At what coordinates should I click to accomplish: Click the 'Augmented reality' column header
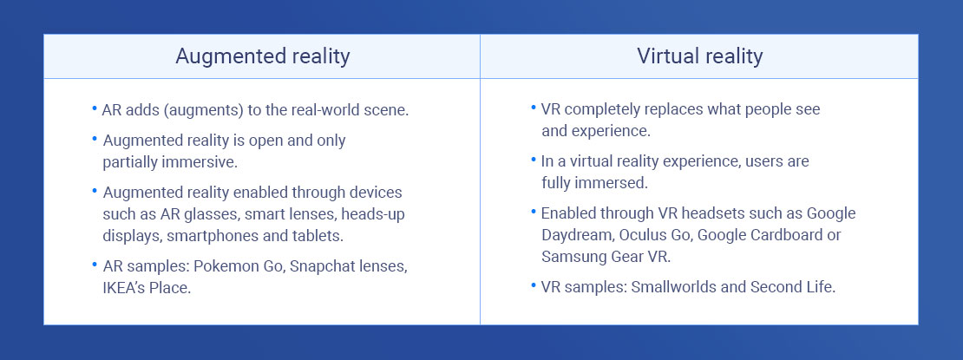(262, 56)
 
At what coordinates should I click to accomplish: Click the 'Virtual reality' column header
(699, 56)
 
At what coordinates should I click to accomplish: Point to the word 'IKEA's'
(124, 287)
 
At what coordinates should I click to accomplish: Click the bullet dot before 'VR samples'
(533, 285)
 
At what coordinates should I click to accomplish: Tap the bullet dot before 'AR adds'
(95, 108)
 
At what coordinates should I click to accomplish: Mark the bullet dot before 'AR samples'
(95, 265)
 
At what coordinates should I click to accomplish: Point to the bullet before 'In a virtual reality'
(533, 159)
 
